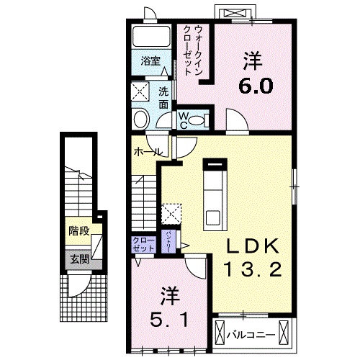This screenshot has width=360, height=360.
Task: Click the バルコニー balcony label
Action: coord(249,335)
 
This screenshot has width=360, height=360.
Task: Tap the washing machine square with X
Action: coord(141,91)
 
